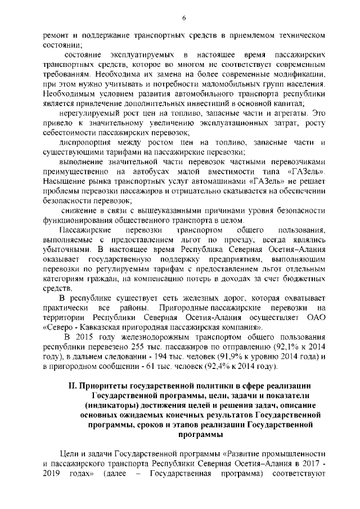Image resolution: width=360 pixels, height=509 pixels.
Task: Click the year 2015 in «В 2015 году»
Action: (85, 337)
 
